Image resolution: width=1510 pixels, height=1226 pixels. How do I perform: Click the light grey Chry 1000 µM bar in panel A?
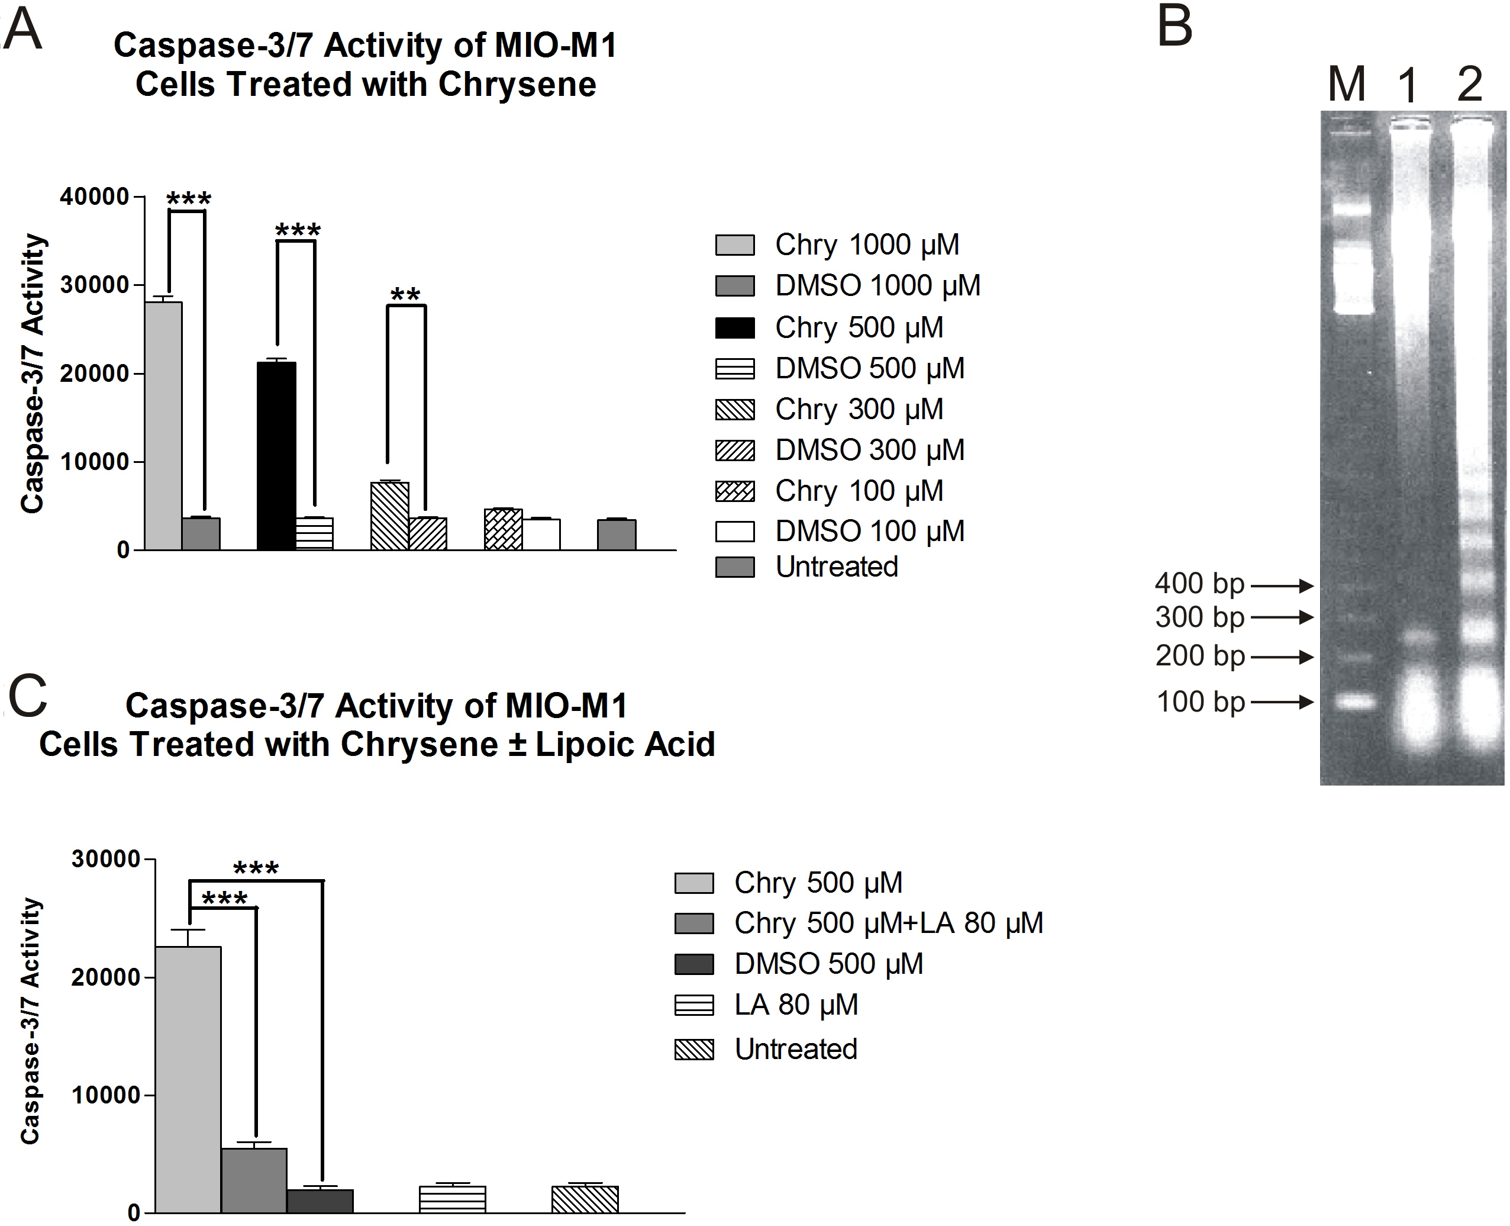click(x=163, y=426)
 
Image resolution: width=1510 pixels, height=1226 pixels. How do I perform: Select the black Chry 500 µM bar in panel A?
click(x=277, y=455)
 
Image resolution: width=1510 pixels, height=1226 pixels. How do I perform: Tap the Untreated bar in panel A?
click(x=617, y=535)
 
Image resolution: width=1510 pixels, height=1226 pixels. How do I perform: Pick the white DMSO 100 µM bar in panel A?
click(x=541, y=534)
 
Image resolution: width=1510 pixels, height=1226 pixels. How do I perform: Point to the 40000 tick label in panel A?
click(x=95, y=197)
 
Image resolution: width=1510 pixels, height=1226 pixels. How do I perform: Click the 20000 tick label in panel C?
click(x=106, y=977)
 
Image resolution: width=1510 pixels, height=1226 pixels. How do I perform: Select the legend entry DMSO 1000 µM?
click(x=877, y=286)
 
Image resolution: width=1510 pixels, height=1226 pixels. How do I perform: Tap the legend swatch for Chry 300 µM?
click(x=735, y=410)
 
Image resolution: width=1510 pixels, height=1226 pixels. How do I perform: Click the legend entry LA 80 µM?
click(x=796, y=1004)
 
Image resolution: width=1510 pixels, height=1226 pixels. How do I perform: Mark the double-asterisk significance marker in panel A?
click(x=405, y=294)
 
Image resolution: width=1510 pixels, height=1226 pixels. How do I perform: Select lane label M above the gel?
click(x=1346, y=85)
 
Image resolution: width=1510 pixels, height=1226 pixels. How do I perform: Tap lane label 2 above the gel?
click(x=1469, y=85)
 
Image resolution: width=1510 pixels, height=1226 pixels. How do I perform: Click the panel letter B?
click(x=1175, y=28)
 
